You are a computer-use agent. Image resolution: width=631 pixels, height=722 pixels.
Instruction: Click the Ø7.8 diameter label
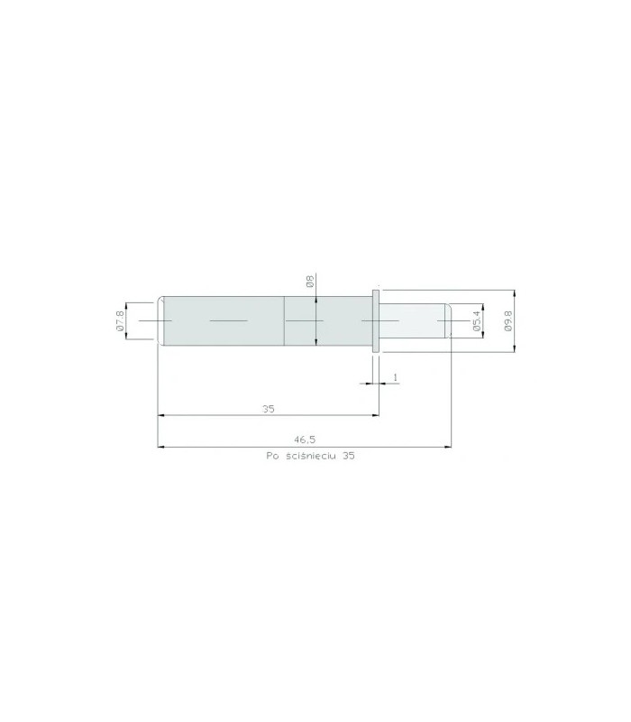coord(120,320)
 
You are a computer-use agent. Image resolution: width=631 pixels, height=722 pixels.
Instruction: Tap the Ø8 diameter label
coord(309,282)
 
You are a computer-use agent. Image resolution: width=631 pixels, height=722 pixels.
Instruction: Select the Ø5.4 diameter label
coord(476,320)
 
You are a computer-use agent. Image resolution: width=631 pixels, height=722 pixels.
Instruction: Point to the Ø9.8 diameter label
coord(508,321)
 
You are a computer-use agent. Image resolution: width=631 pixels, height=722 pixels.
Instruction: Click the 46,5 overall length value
coord(305,440)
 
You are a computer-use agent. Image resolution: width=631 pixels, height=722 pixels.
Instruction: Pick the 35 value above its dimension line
coord(268,409)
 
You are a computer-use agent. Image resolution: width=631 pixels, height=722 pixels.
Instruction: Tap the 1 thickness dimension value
coord(395,375)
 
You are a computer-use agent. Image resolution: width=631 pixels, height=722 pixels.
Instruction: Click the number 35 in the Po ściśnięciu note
coord(350,458)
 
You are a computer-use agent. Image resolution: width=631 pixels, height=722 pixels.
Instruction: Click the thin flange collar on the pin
coord(374,320)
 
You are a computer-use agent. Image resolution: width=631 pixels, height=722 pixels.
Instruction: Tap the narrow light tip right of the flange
coord(415,320)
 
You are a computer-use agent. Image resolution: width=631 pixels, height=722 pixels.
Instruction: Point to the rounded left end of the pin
coord(160,320)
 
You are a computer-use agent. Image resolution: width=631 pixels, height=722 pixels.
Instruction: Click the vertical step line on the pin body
coord(284,320)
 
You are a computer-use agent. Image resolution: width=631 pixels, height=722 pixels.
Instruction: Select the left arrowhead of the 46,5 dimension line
coord(161,446)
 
